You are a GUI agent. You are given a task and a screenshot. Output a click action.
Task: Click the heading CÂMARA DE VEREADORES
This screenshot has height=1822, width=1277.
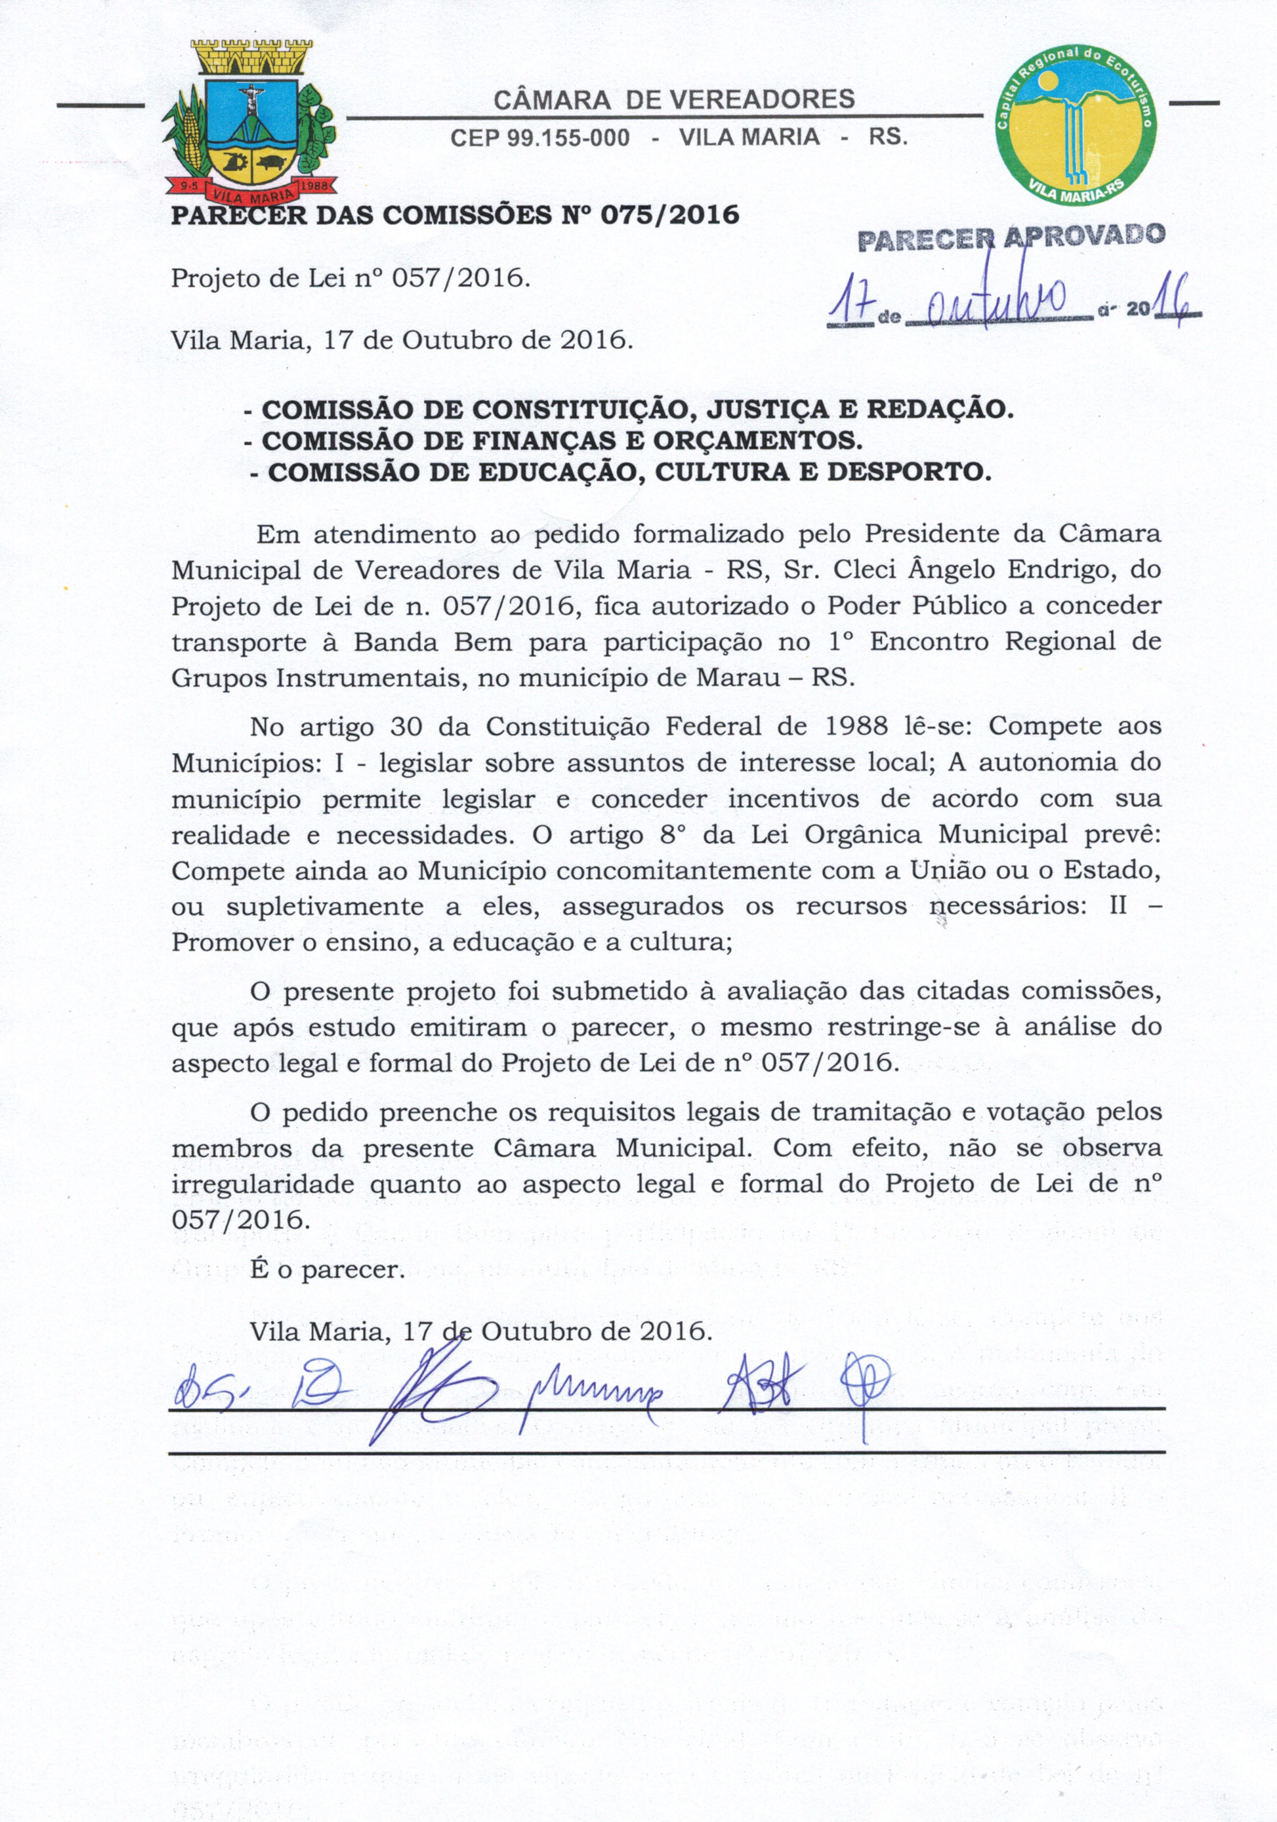point(674,99)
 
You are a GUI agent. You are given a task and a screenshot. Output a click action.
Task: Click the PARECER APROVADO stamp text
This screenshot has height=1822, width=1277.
point(1011,236)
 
